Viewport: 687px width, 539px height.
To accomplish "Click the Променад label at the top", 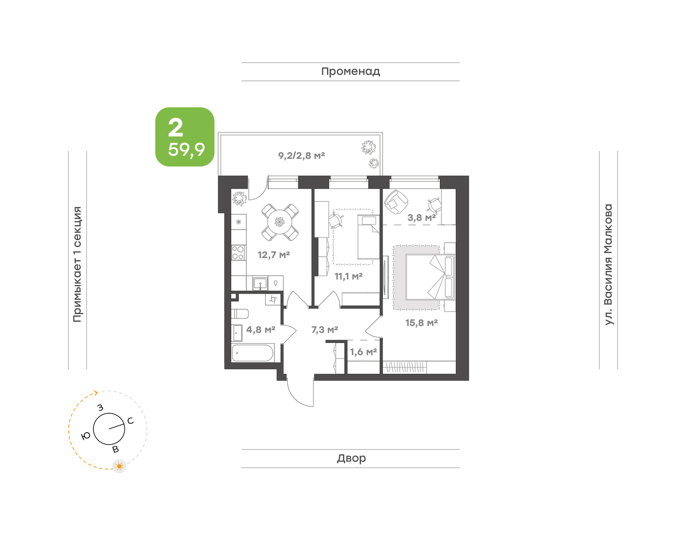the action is tap(350, 71).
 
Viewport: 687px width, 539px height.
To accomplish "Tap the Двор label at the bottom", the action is tap(351, 458).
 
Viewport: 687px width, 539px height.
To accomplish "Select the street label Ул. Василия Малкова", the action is tap(609, 265).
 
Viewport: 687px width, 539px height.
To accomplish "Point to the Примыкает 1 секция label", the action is tap(77, 265).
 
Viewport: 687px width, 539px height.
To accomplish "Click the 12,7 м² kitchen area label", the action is tap(274, 255).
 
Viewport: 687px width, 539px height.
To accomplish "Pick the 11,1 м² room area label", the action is tap(348, 276).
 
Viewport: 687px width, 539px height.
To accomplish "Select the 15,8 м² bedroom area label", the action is tap(421, 323).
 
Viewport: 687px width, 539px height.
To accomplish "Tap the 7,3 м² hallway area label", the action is tap(325, 330).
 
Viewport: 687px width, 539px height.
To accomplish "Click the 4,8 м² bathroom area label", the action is tap(261, 330).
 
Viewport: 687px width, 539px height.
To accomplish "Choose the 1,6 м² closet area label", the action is tap(363, 352).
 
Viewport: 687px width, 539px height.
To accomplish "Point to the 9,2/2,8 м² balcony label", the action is tap(302, 155).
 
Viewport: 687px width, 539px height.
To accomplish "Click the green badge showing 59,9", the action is tap(185, 137).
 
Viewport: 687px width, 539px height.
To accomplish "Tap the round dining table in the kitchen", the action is tap(280, 222).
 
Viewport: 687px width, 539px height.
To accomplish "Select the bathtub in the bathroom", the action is tap(252, 353).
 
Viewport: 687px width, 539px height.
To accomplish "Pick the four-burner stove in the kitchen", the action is tap(238, 253).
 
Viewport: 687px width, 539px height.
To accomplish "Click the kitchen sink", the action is tap(260, 283).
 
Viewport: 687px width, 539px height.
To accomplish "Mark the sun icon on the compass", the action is tap(119, 466).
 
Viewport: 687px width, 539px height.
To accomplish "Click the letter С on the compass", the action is tap(131, 421).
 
